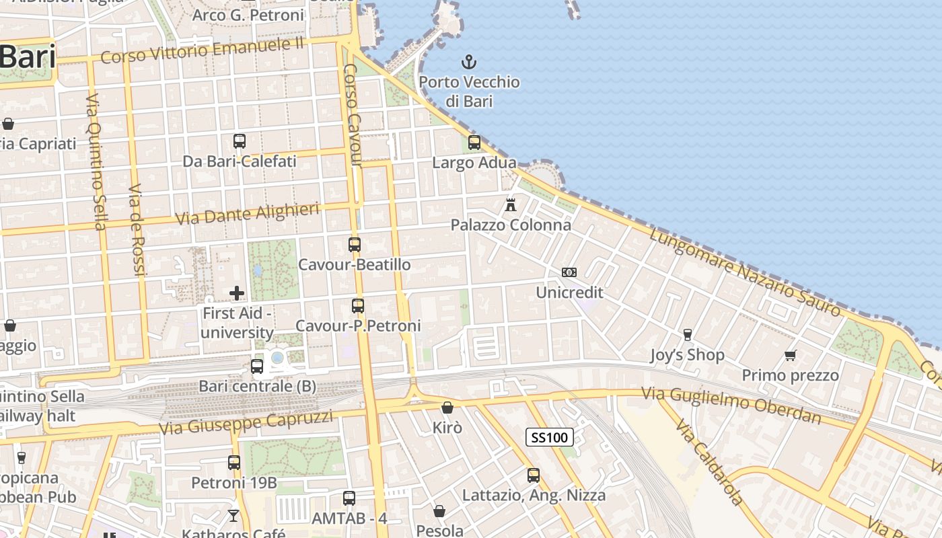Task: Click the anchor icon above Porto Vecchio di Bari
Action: coord(469,63)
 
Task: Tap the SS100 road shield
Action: coord(549,438)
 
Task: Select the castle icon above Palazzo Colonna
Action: coord(511,204)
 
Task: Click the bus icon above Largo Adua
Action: coord(474,142)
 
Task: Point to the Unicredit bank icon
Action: coord(569,272)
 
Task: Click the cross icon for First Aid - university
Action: coord(237,293)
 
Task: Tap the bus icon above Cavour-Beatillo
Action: coord(355,245)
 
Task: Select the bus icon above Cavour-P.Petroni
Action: coord(358,306)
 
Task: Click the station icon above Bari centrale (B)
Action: coord(257,367)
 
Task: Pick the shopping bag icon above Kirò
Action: coord(447,408)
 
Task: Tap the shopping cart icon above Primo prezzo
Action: coord(791,355)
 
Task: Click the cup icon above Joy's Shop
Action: coord(687,334)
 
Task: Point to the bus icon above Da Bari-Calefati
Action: coord(240,141)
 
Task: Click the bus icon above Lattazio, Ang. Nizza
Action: coord(534,475)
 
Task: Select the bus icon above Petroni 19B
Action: coord(234,463)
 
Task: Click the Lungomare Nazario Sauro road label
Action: coord(745,272)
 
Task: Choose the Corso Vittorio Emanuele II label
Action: coord(203,51)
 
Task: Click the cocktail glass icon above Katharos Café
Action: coord(233,516)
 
